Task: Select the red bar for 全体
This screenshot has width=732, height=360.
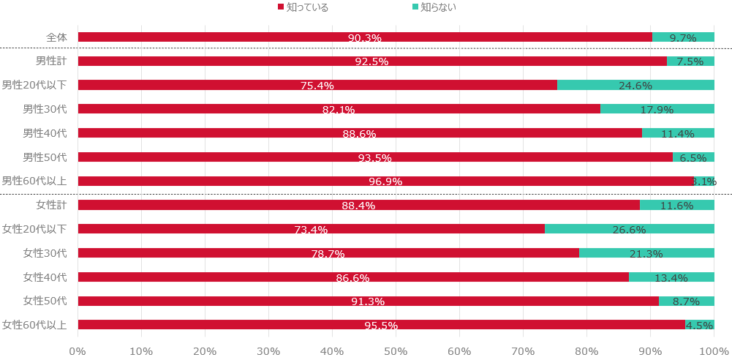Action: [365, 37]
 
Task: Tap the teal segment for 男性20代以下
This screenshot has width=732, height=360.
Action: [635, 85]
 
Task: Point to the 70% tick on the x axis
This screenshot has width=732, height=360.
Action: [523, 350]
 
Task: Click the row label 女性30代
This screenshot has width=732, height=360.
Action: [45, 253]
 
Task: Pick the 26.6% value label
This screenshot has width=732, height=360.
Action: [629, 230]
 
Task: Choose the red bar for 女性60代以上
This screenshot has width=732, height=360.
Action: [381, 325]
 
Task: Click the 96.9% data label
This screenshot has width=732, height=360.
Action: [385, 181]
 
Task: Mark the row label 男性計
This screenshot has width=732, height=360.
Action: [51, 61]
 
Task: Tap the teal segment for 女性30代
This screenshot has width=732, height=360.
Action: [646, 253]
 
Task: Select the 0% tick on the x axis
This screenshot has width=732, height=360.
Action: [78, 350]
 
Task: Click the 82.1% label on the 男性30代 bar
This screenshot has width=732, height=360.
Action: [339, 110]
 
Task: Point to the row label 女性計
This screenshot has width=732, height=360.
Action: [51, 205]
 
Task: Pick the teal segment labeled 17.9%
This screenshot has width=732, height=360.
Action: [657, 109]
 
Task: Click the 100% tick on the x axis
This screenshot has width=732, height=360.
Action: [714, 350]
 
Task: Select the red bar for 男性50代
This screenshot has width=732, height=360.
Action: [375, 157]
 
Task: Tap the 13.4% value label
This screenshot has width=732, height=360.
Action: [671, 278]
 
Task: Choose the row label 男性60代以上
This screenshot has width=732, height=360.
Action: [34, 181]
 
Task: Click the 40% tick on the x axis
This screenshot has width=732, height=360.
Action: [332, 350]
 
